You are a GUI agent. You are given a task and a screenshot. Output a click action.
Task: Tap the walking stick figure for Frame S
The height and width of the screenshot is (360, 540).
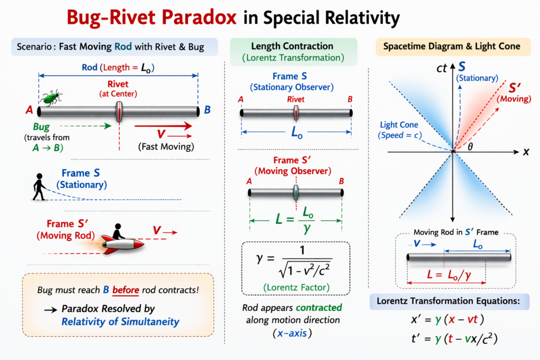click(x=38, y=187)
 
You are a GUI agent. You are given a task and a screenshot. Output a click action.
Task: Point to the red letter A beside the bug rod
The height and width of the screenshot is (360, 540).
click(x=29, y=110)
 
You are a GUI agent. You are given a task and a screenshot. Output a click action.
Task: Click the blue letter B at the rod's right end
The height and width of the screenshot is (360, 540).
click(x=207, y=110)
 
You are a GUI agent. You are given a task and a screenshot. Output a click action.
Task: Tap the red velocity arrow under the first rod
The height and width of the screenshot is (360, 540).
click(x=163, y=126)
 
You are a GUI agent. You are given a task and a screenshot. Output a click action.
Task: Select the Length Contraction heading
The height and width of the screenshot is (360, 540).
click(x=285, y=46)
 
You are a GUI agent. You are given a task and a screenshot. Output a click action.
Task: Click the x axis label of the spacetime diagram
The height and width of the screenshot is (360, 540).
click(x=525, y=151)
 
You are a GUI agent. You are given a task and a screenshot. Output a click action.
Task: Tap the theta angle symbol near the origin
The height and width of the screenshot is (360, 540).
click(x=471, y=147)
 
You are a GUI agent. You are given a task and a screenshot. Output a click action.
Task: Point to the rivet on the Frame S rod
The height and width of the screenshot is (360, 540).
click(x=296, y=112)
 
